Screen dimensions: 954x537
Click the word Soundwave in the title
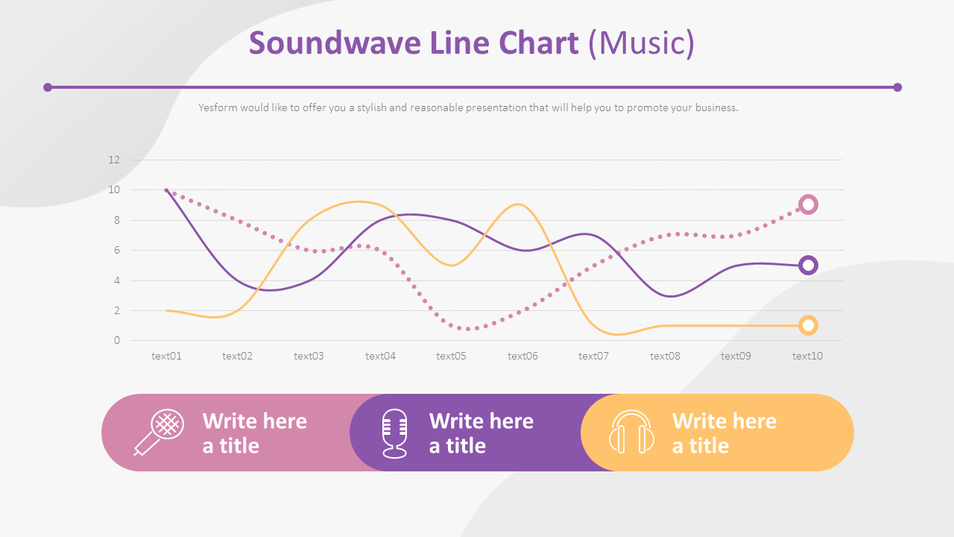tap(335, 43)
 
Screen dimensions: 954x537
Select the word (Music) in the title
tap(642, 43)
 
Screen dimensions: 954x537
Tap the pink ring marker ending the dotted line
tap(808, 205)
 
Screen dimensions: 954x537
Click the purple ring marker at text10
tap(808, 266)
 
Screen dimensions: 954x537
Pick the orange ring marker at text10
tap(808, 326)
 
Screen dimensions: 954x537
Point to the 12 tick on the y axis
tap(114, 160)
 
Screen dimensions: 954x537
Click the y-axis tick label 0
tap(117, 341)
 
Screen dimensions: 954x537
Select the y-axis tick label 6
tap(117, 250)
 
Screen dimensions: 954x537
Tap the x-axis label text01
tap(166, 356)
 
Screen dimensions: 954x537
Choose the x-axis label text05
tap(451, 356)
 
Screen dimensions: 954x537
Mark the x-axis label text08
tap(665, 356)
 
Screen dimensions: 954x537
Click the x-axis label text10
tap(807, 356)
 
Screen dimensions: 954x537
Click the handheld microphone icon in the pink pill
tap(159, 432)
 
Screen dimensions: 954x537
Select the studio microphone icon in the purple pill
tap(394, 433)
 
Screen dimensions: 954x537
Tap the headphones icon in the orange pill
tap(631, 432)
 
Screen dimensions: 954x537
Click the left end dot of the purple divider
tap(48, 87)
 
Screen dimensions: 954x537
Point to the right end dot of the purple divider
tap(897, 87)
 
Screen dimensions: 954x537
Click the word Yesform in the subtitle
tap(218, 107)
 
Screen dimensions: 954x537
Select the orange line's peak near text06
tap(517, 204)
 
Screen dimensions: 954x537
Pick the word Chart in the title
tap(538, 43)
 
